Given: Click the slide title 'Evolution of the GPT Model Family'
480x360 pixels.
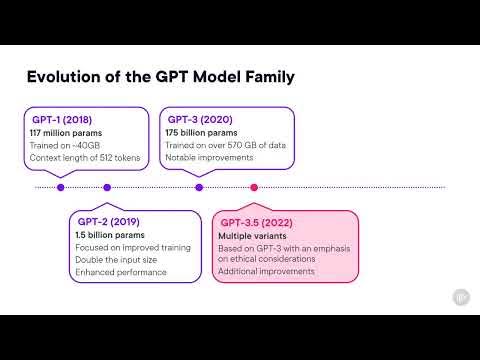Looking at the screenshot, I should [x=161, y=76].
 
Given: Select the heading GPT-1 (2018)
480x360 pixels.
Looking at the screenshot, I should [x=64, y=119].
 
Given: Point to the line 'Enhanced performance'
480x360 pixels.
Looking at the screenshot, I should [x=121, y=272].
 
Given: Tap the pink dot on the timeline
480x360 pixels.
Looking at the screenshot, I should [x=254, y=187].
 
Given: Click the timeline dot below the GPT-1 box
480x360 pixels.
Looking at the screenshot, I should [x=61, y=187].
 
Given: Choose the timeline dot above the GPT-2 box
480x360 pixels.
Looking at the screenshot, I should [x=107, y=187].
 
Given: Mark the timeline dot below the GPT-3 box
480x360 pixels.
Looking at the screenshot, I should [x=199, y=187].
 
